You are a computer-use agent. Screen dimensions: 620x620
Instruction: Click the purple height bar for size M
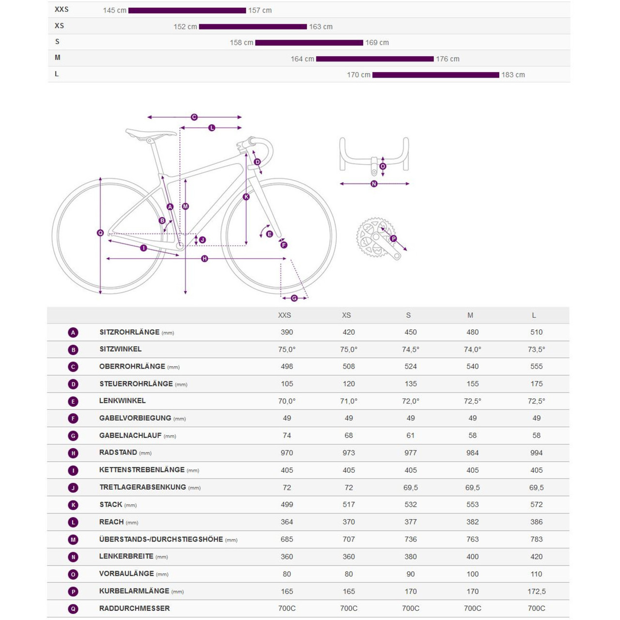tap(374, 59)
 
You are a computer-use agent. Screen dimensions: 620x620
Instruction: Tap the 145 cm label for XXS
tap(115, 10)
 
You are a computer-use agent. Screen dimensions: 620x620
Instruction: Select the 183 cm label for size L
tap(513, 75)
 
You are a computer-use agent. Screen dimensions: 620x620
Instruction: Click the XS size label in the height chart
tap(59, 26)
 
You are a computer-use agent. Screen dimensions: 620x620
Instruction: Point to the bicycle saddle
tap(151, 133)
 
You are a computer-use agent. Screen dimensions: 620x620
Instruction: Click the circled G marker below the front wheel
tap(294, 298)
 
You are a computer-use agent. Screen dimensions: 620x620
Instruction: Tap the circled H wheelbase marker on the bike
tap(204, 259)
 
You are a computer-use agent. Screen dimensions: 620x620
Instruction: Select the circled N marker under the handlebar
tap(374, 184)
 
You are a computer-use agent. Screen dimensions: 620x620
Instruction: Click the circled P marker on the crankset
tap(393, 238)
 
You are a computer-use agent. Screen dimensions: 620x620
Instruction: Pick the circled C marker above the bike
tap(194, 117)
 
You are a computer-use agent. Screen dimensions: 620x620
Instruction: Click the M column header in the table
tap(470, 315)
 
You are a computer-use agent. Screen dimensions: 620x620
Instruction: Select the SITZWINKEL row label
tap(121, 349)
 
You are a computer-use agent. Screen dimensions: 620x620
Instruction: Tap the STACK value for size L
tap(536, 505)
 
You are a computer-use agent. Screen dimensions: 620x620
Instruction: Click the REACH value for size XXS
tap(287, 522)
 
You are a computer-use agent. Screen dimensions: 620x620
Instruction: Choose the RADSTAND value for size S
tap(410, 453)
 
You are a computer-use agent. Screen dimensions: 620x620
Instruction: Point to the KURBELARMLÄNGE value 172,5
tap(536, 591)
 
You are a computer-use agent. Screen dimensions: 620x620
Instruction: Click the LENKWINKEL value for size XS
tap(349, 401)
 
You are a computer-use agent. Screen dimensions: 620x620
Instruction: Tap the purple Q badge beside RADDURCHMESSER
tap(73, 609)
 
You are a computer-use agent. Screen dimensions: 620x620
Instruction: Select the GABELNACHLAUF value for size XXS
tap(287, 435)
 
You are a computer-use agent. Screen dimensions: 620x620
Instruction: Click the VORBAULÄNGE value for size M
tap(472, 574)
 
